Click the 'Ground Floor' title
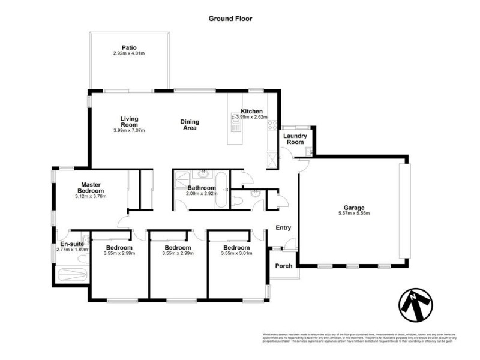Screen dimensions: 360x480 [230, 19]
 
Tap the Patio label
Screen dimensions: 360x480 [129, 47]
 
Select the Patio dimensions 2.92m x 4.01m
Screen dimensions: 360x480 [129, 54]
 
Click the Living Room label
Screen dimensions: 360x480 [129, 122]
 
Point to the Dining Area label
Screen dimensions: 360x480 [190, 125]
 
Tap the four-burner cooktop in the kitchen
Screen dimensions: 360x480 [272, 125]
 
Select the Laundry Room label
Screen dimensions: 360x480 [295, 139]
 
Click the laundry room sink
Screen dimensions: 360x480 [306, 151]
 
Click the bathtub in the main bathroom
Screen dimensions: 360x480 [221, 190]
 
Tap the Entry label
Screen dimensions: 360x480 [283, 228]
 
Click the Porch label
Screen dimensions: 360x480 [283, 266]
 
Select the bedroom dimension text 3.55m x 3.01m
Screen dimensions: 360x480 [236, 254]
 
